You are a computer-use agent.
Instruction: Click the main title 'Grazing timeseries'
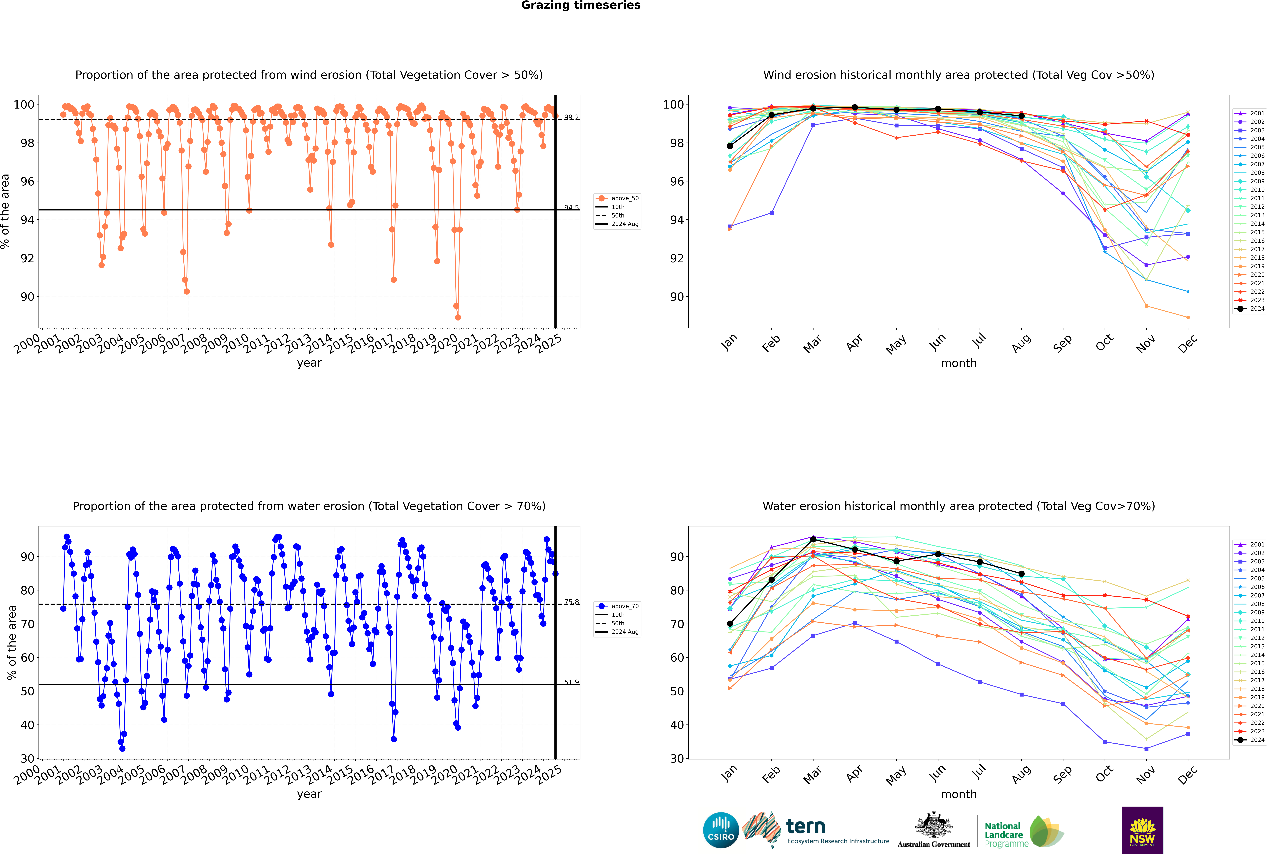[x=581, y=5]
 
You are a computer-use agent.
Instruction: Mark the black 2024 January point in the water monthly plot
[x=730, y=624]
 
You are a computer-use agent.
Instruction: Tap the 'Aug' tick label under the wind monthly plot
[x=1021, y=343]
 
